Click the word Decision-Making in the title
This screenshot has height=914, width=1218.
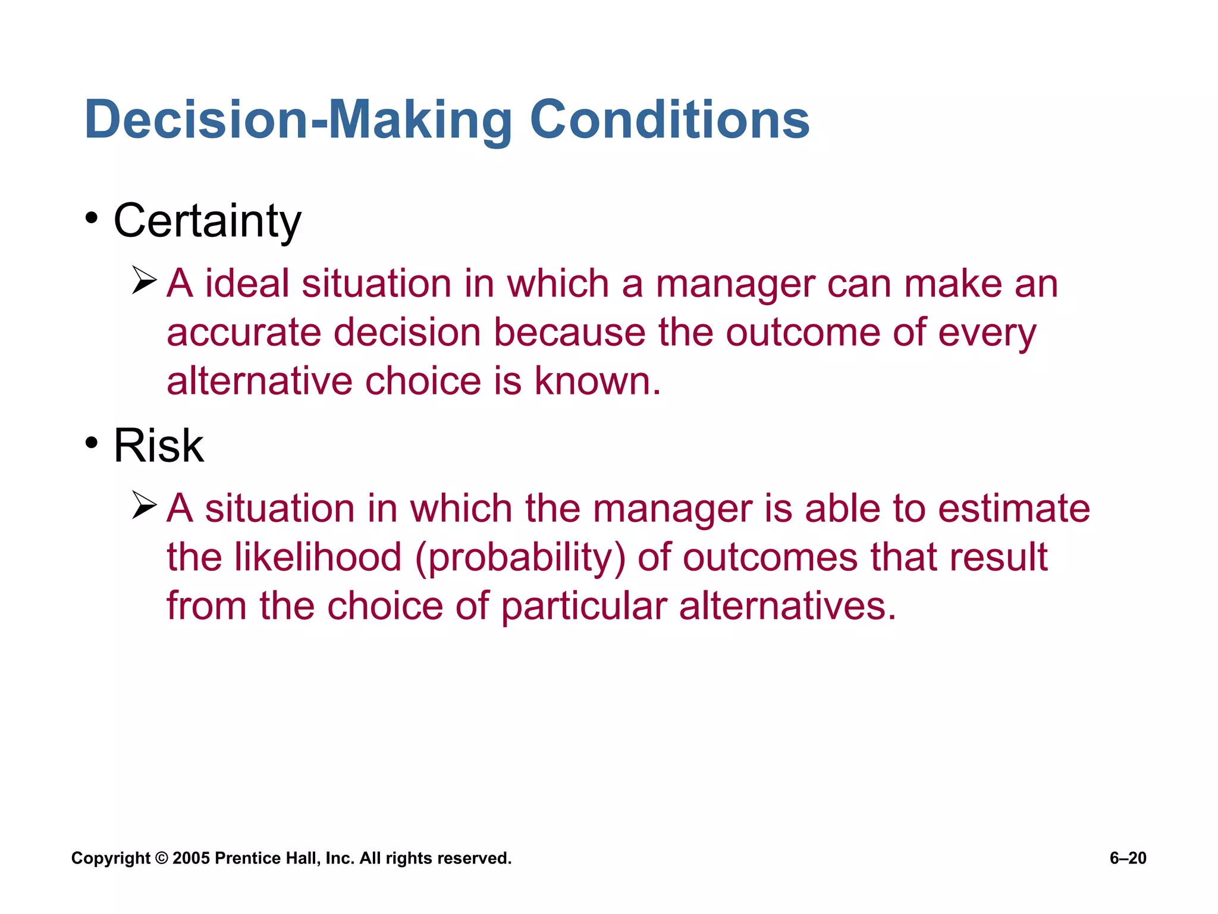click(x=297, y=120)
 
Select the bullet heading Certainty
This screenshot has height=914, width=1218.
click(x=207, y=221)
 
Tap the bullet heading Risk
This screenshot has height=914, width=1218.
click(x=158, y=446)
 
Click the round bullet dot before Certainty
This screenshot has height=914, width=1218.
click(x=91, y=218)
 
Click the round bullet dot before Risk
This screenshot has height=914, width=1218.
click(x=91, y=443)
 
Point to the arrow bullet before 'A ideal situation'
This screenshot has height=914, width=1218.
click(x=144, y=280)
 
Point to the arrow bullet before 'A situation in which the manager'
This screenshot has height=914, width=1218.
click(x=144, y=505)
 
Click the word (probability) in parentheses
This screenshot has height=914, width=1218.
click(x=520, y=558)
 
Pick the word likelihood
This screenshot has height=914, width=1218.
click(x=318, y=558)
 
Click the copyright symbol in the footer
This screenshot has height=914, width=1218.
click(x=162, y=858)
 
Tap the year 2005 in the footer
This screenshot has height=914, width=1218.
click(x=191, y=858)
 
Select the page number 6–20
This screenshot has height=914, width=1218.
click(x=1128, y=858)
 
